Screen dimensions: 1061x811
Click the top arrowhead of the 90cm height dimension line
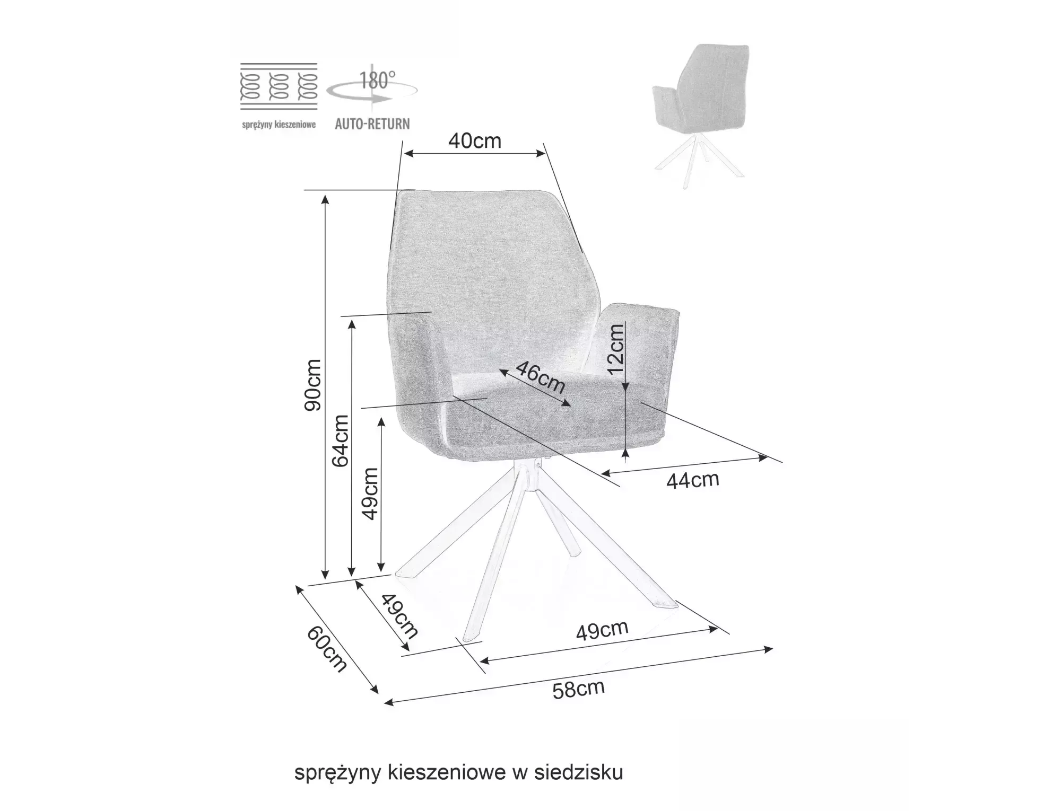(326, 199)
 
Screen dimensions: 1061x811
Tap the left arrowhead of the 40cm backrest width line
(408, 154)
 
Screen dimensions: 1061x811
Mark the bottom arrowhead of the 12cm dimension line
(627, 452)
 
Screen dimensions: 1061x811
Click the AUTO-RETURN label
(372, 124)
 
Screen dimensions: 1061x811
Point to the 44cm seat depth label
(693, 480)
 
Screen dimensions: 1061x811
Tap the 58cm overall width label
(579, 689)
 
